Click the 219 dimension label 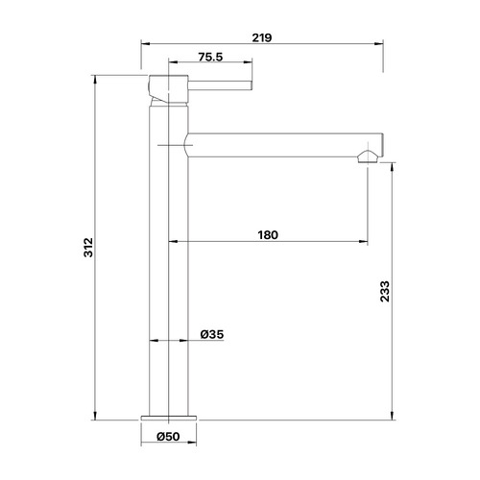[x=262, y=37]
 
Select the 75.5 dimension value [x=210, y=57]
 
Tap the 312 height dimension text [x=88, y=248]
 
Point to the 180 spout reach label [x=268, y=235]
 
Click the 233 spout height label [x=385, y=291]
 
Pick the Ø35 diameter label [x=212, y=334]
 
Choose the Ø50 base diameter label [x=168, y=437]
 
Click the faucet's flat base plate [x=169, y=418]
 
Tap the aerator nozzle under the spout [x=368, y=156]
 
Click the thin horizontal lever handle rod [x=220, y=85]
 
